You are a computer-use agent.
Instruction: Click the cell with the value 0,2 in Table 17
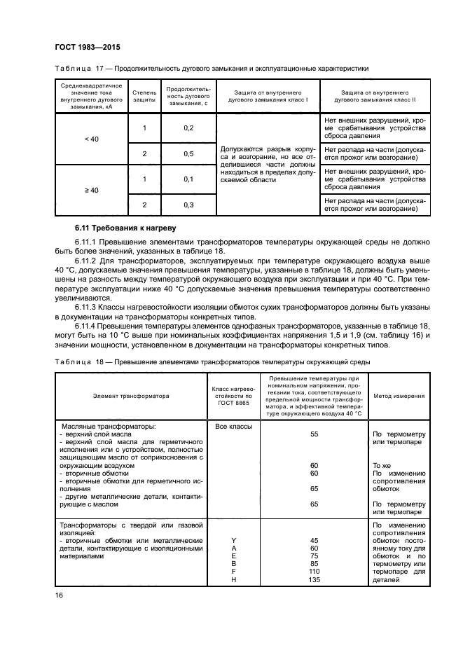(x=188, y=127)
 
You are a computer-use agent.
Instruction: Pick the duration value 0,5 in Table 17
(x=188, y=153)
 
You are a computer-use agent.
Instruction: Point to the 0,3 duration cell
(x=188, y=205)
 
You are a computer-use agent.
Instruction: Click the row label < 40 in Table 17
(x=91, y=140)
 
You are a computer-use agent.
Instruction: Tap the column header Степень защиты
(x=144, y=97)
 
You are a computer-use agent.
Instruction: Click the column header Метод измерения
(x=398, y=396)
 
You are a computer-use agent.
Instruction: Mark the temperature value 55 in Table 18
(x=314, y=434)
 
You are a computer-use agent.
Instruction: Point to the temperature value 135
(x=314, y=580)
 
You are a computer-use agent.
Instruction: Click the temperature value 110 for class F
(x=314, y=572)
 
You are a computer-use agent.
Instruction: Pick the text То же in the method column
(x=381, y=465)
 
